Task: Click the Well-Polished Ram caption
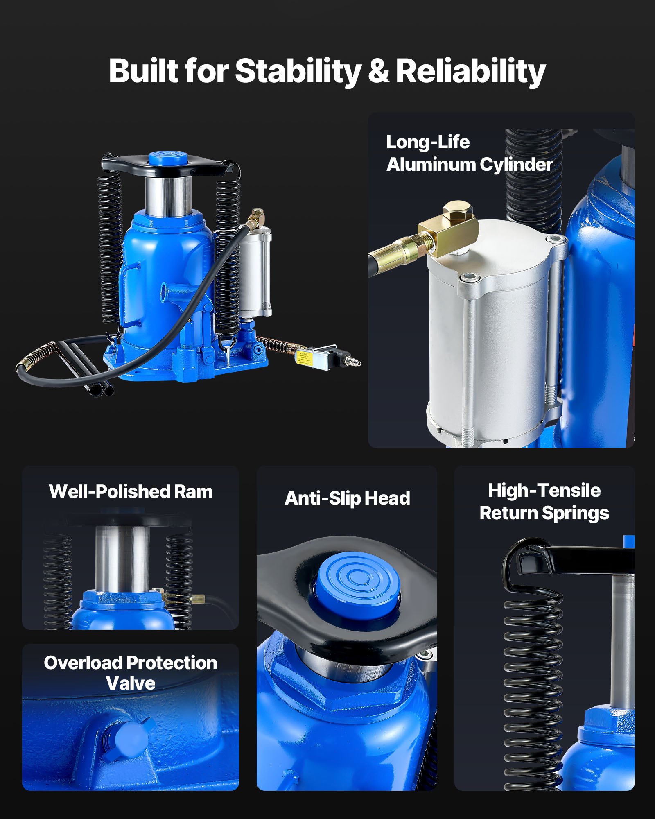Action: pos(131,492)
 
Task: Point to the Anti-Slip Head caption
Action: pos(347,498)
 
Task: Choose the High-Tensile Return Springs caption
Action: pos(544,502)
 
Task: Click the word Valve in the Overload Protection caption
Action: pos(131,683)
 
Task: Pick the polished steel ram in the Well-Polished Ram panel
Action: pos(122,559)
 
